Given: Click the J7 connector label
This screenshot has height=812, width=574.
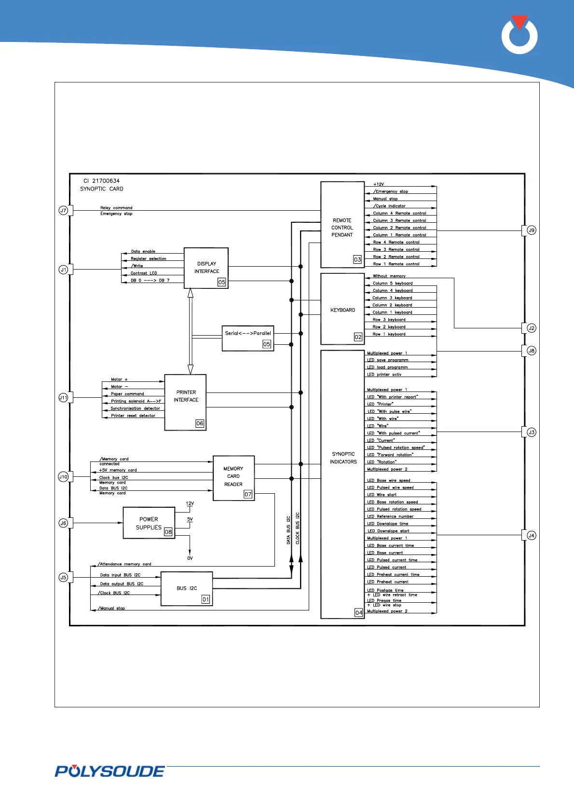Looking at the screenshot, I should pyautogui.click(x=63, y=210).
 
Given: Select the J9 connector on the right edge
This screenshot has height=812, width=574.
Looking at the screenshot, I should pyautogui.click(x=531, y=230).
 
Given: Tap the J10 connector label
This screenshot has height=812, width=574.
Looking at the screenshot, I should pyautogui.click(x=63, y=477).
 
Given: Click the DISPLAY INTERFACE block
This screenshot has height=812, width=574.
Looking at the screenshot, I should pyautogui.click(x=206, y=268).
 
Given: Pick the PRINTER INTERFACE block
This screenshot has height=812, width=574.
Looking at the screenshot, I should pyautogui.click(x=185, y=402).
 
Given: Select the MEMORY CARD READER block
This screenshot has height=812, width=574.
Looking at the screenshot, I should pyautogui.click(x=233, y=478).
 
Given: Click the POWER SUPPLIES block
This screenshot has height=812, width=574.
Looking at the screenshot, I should pyautogui.click(x=149, y=523).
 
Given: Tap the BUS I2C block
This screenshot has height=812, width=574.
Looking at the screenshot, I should pyautogui.click(x=187, y=589).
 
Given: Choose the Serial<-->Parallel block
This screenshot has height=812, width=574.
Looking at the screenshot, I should pyautogui.click(x=248, y=338).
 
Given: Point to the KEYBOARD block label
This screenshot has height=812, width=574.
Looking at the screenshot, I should pyautogui.click(x=342, y=310).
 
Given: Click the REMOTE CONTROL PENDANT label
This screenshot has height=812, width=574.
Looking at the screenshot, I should pyautogui.click(x=342, y=228).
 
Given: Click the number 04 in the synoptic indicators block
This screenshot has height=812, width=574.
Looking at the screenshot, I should pyautogui.click(x=359, y=612).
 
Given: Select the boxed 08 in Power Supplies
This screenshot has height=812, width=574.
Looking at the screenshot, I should pyautogui.click(x=168, y=532).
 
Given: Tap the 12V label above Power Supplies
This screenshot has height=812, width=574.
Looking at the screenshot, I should pyautogui.click(x=190, y=503).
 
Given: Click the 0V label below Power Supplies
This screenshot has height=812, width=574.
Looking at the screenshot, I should pyautogui.click(x=190, y=558).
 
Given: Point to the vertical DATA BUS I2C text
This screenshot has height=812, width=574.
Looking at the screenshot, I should pyautogui.click(x=288, y=530).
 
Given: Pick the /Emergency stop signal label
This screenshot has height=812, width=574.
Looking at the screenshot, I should pyautogui.click(x=391, y=191).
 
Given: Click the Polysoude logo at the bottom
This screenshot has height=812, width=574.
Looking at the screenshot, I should pyautogui.click(x=110, y=771).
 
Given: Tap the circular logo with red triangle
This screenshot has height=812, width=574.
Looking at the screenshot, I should pyautogui.click(x=519, y=35).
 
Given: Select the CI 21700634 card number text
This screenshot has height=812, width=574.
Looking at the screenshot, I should pyautogui.click(x=101, y=181).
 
